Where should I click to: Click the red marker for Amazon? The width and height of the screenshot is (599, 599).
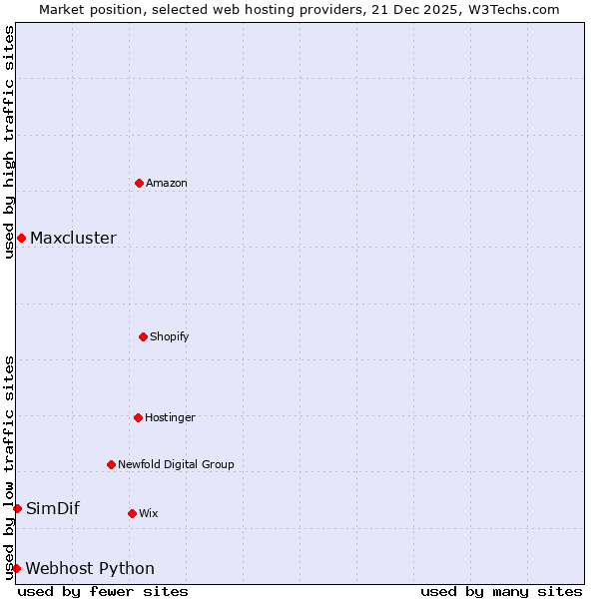click(139, 183)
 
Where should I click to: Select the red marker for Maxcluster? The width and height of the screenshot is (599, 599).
click(21, 238)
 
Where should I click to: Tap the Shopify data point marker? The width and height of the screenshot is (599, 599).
click(143, 336)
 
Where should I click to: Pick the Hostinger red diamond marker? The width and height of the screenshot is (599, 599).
click(138, 417)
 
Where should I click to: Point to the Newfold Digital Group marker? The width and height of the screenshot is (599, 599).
click(111, 464)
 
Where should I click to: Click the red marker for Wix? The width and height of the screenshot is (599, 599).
click(132, 513)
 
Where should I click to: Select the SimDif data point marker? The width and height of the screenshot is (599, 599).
click(17, 508)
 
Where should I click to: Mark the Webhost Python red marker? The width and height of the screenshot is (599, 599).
click(16, 568)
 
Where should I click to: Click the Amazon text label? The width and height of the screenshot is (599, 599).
click(167, 183)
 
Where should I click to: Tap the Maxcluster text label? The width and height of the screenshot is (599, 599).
click(73, 238)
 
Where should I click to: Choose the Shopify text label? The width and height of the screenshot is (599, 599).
click(170, 336)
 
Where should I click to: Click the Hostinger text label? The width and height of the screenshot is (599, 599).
click(170, 417)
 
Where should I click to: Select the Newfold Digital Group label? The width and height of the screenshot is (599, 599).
click(176, 464)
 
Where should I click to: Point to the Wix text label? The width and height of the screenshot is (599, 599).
click(148, 513)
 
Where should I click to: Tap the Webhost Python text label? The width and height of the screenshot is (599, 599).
click(90, 568)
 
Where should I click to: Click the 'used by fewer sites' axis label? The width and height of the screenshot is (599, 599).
click(103, 591)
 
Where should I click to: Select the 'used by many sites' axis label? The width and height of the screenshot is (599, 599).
click(501, 591)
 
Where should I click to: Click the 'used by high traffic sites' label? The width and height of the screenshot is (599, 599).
click(9, 142)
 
